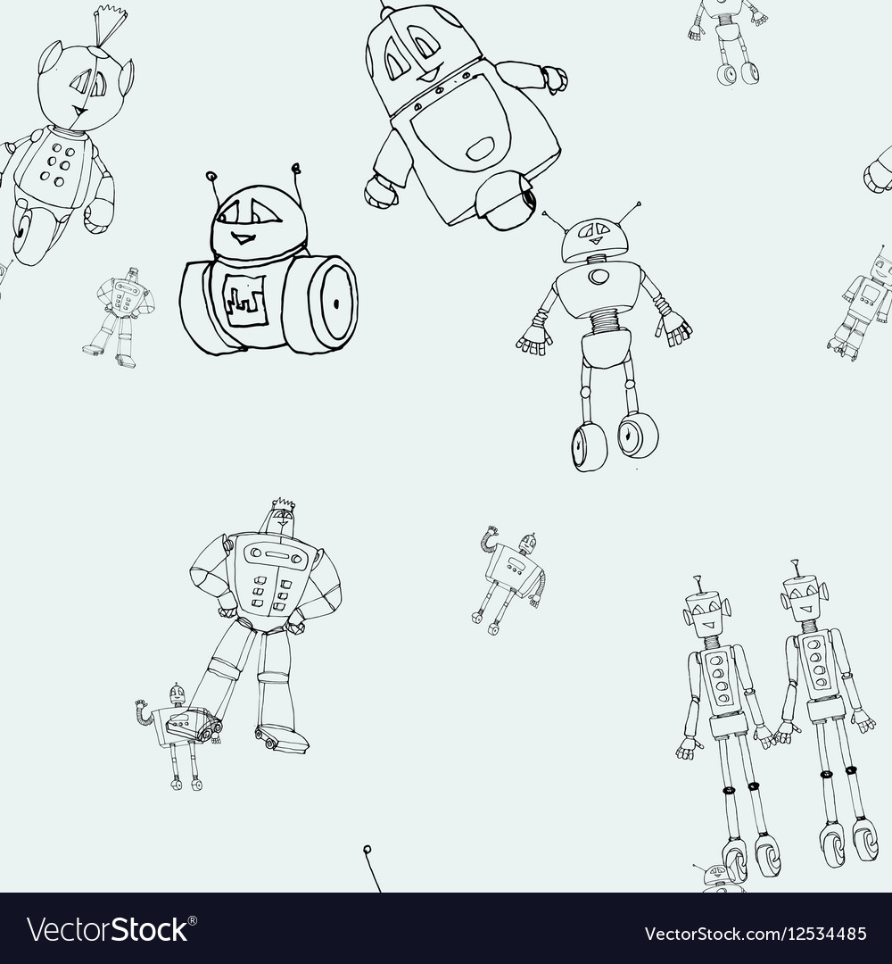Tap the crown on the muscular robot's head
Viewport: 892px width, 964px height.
(x=283, y=505)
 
